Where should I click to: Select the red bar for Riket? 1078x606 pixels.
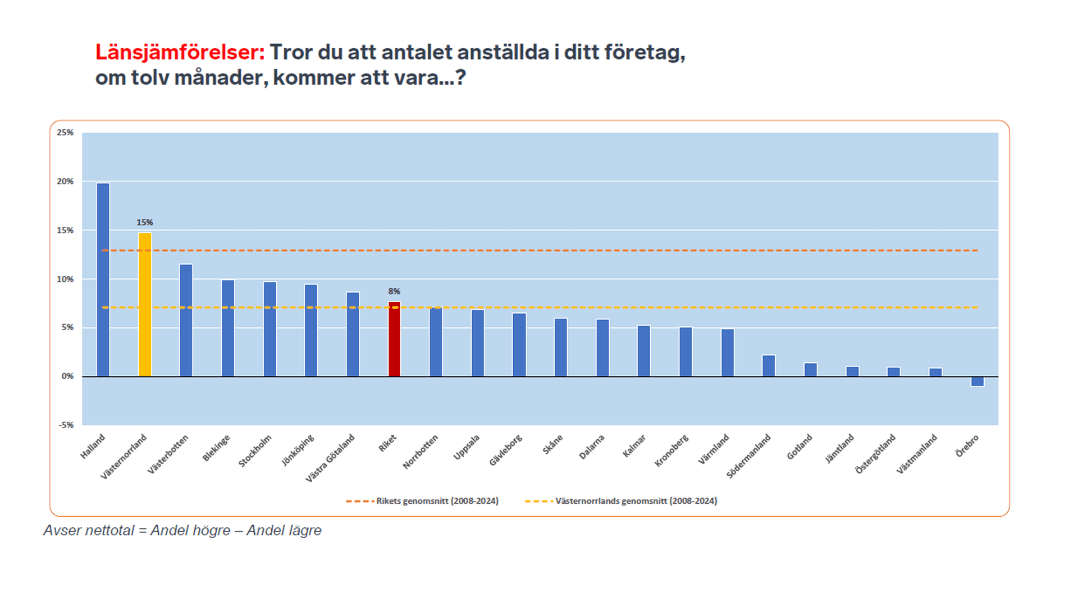[394, 339]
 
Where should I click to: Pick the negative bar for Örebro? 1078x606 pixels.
[977, 381]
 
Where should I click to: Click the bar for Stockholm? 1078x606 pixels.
[269, 329]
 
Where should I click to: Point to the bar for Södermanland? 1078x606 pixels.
[769, 366]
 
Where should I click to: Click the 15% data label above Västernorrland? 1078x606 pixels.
[145, 222]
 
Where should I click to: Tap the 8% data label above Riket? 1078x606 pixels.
[394, 291]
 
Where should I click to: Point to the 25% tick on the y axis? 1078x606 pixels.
[65, 133]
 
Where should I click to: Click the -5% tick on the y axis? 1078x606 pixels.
[66, 425]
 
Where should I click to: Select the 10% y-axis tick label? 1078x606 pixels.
[65, 279]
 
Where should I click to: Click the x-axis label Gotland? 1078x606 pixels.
[800, 447]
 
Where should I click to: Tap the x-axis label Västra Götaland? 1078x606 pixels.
[331, 458]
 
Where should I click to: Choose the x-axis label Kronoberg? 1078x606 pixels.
[672, 450]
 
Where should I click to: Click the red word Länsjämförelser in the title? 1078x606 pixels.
[180, 52]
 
